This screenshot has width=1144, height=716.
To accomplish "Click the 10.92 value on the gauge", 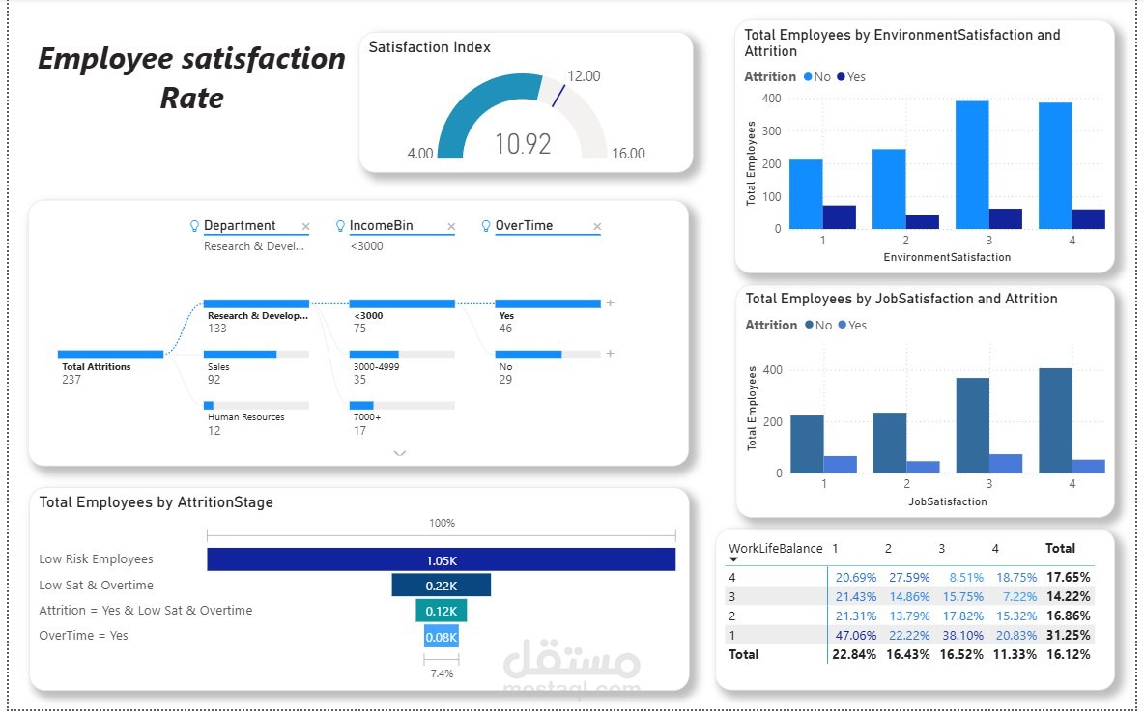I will pos(523,144).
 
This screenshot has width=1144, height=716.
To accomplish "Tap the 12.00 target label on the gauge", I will pos(584,76).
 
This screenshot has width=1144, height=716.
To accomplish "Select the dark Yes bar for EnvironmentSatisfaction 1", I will pos(840,217).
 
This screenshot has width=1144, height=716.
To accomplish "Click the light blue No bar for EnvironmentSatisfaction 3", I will pos(972,165).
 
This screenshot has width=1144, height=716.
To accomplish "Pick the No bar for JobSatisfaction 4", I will pos(1055,420).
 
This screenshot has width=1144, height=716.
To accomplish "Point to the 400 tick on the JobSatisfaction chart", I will pos(771,370).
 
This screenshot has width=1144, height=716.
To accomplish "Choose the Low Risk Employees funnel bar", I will pos(441,559).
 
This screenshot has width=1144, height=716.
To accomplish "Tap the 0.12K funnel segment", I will pos(441,611).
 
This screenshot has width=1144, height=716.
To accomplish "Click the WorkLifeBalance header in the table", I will pos(776,548).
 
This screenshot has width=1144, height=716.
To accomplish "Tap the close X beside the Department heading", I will pos(306,227).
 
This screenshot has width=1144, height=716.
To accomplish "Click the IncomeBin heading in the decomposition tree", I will pos(381,226).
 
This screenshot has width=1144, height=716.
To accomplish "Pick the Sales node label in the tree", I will pos(218,367).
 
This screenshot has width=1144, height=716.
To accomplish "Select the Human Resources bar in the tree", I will pos(209,405).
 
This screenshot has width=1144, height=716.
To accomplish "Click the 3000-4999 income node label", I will pos(377,367).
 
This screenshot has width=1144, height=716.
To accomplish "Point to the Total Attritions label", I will pos(97,367).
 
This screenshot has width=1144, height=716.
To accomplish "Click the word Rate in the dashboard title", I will pos(192,98).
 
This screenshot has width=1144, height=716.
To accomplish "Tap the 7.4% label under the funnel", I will pos(441,673).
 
